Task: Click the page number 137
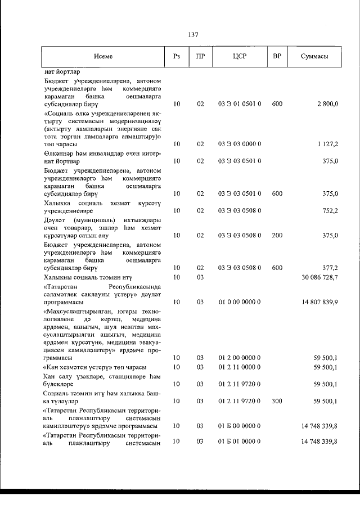193,35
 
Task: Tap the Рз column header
177,57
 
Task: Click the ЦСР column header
240,57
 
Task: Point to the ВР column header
277,57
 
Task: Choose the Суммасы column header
314,57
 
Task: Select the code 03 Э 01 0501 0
240,105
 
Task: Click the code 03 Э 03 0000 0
240,145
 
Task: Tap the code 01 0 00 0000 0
240,302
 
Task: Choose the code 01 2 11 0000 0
240,367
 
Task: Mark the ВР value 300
277,402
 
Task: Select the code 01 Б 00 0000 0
240,426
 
